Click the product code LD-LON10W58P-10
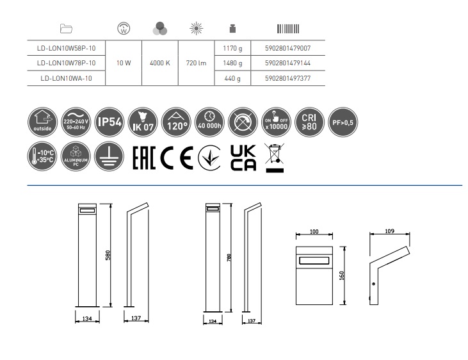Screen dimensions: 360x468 coord(67,47)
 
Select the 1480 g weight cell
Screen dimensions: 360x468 coord(231,63)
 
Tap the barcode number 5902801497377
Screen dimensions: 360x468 coord(287,78)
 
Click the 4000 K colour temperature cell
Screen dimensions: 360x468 coord(159,63)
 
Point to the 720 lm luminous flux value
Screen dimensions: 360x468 coord(195,63)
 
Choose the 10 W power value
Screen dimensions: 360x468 coord(124,63)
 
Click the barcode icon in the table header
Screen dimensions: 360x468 coord(287,29)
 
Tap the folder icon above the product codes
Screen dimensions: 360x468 coord(66,29)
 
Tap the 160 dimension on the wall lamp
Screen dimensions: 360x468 coord(343,275)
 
